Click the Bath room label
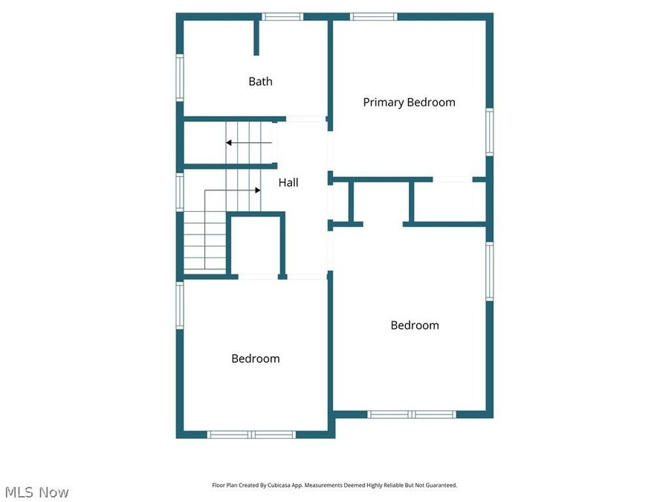pos(260,82)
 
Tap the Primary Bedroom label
pos(409,103)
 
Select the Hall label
pos(288,182)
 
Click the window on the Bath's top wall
pos(283,16)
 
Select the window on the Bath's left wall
pos(179,77)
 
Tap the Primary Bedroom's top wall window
pos(374,16)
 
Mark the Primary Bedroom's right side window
pos(489,132)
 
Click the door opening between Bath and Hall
pos(306,119)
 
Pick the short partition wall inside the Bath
pos(256,37)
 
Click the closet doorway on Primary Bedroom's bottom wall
pos(453,179)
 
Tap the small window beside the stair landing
pos(179,190)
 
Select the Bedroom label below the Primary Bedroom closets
pos(415,325)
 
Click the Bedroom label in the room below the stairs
pos(255,358)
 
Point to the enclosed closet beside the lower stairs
pos(256,246)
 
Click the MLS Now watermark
pos(37,492)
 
